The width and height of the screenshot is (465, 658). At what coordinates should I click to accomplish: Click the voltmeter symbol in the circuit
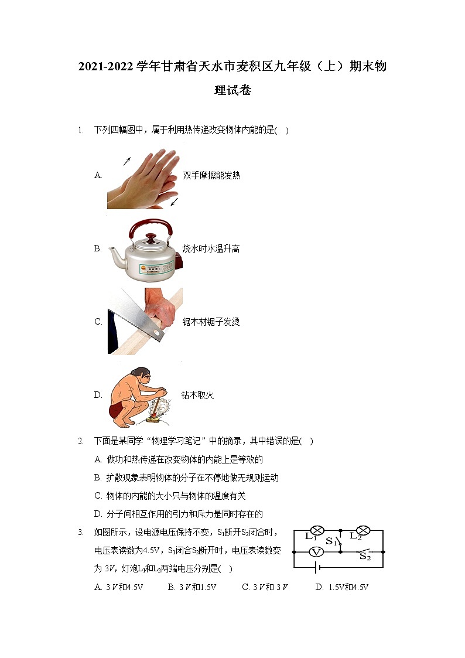[316, 552]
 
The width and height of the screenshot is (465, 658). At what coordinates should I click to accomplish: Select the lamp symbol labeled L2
[363, 530]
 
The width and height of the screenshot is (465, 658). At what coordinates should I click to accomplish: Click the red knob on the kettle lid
[152, 237]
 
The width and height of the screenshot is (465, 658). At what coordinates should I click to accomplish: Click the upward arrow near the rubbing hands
[126, 161]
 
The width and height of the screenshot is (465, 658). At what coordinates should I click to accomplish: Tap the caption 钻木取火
[197, 396]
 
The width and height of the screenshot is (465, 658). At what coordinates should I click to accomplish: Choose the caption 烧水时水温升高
[211, 249]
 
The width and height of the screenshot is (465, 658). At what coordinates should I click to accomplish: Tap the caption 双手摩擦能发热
[211, 175]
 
